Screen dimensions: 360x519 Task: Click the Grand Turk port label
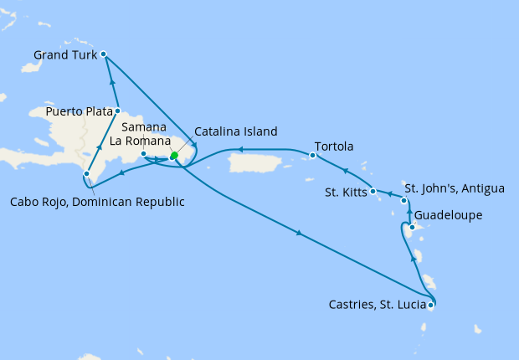tap(64, 55)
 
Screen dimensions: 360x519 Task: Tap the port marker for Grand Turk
tap(103, 54)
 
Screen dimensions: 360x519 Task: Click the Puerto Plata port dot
tap(118, 111)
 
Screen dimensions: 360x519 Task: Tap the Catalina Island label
tap(235, 131)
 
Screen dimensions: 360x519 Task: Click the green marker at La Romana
tap(174, 156)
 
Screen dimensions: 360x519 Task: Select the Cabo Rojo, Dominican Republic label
tap(98, 202)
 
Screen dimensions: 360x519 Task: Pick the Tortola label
tap(333, 147)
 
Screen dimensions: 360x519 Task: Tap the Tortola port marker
tap(312, 155)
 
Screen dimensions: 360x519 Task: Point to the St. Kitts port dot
tap(373, 191)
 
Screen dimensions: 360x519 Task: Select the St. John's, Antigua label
tap(455, 188)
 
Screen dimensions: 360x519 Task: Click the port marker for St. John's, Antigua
tap(404, 201)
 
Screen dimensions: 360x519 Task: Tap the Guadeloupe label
tap(450, 214)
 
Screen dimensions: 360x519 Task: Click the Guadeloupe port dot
tap(412, 227)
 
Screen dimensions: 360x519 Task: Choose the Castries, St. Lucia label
tap(376, 306)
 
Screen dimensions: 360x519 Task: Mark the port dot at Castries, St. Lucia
tap(430, 306)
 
